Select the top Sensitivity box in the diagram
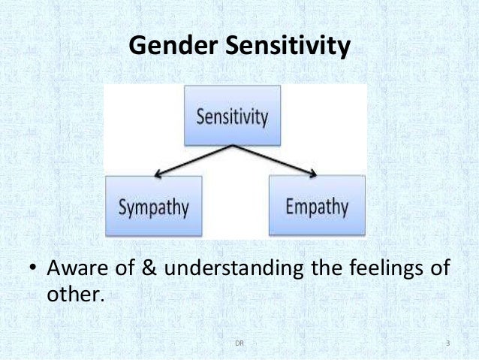point(233,116)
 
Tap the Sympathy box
point(154,206)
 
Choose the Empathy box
point(317,206)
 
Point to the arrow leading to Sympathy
point(191,159)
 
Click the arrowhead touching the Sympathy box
point(159,174)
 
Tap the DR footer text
point(239,344)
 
